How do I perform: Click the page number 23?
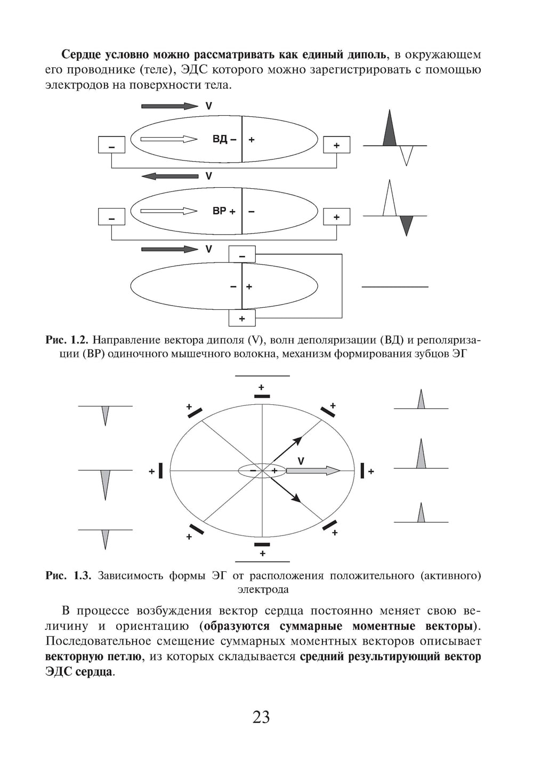click(261, 717)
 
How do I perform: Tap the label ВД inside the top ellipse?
click(220, 139)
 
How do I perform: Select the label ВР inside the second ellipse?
click(219, 211)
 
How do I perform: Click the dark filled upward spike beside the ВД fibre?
click(390, 131)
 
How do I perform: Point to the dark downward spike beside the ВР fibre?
click(406, 225)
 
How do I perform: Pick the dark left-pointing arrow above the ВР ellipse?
click(170, 176)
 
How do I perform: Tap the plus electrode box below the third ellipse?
click(242, 318)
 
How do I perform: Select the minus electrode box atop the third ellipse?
click(242, 254)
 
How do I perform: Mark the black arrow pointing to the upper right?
click(288, 449)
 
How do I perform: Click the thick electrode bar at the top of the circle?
click(262, 396)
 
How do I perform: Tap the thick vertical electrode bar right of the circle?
click(362, 471)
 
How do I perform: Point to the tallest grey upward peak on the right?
click(421, 455)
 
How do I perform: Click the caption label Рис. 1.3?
click(69, 575)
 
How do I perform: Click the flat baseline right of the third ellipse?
click(395, 287)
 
